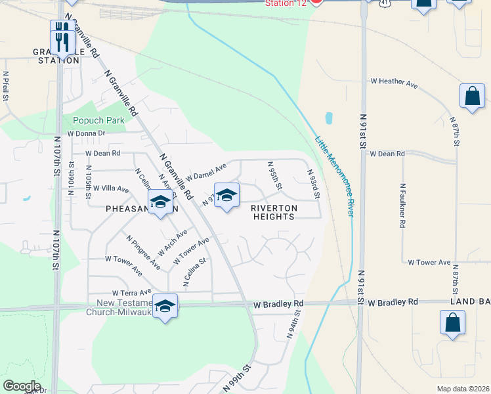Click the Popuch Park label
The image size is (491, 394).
98,121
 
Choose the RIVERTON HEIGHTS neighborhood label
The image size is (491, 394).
273,212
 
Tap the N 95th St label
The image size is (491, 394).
274,176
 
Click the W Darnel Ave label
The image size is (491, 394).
205,173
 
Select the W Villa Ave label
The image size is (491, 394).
111,188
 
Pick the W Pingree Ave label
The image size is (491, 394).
144,253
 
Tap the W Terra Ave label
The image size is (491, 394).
131,292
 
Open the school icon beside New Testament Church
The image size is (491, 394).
165,306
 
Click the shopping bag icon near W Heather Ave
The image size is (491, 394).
472,97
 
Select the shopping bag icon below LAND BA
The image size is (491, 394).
452,322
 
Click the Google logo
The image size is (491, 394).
22,386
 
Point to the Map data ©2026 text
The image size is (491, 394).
463,389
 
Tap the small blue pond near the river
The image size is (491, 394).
328,119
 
